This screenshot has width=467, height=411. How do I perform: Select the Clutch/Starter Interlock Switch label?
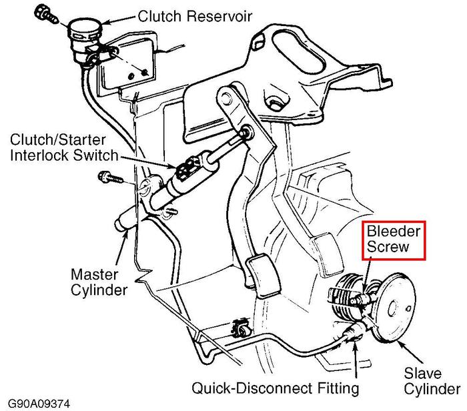(64, 148)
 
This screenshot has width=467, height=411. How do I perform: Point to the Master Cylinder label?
(99, 282)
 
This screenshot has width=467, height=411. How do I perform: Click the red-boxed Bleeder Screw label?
(394, 240)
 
